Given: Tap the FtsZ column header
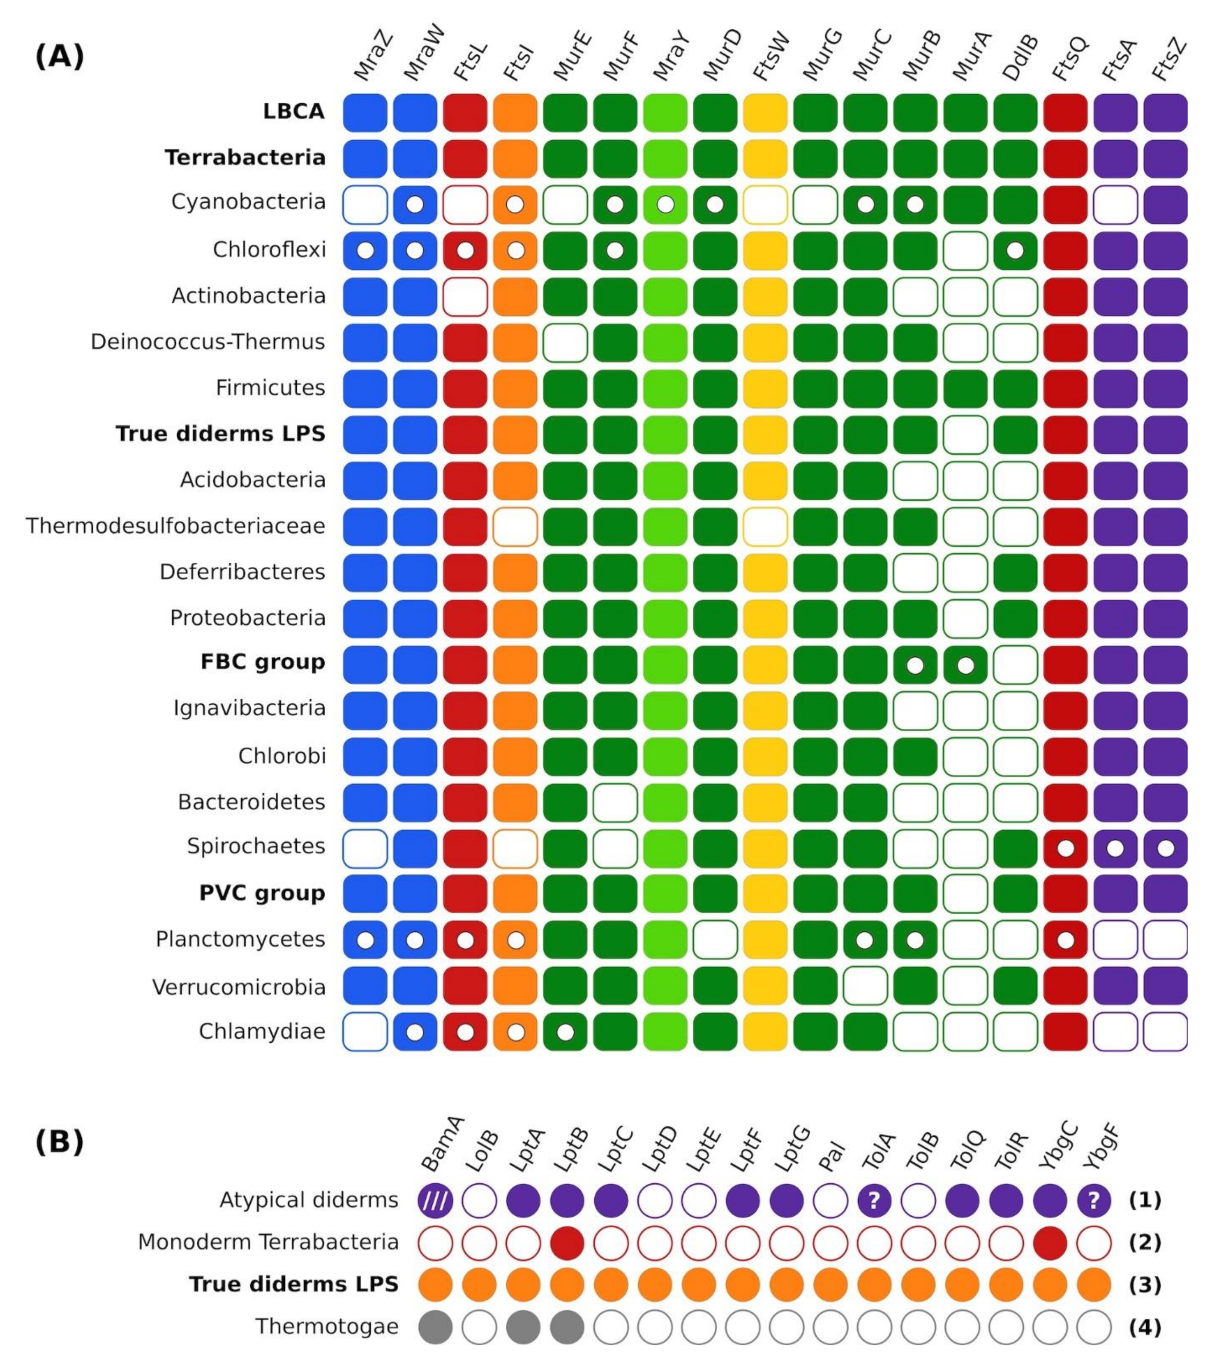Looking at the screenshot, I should tap(1170, 59).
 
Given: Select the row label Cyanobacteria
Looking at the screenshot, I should tap(248, 202).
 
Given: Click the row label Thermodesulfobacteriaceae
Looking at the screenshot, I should tap(176, 526).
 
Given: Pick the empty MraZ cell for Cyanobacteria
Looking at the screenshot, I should tap(365, 205).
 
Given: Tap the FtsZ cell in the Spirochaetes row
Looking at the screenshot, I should tap(1165, 849).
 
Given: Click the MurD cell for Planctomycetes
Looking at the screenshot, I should tap(715, 940).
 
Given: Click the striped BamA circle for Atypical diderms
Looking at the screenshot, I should tap(435, 1201).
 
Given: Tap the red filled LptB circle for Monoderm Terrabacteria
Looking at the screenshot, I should tap(567, 1243).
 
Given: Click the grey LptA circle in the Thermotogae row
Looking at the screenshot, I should tap(523, 1327).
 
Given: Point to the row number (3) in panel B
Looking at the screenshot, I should tap(1145, 1285).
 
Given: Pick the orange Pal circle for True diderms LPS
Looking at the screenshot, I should tap(830, 1285).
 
